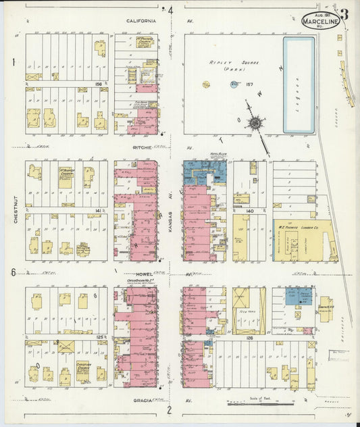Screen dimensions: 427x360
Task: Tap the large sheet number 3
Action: (x=344, y=14)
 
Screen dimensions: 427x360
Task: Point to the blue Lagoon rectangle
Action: (x=299, y=85)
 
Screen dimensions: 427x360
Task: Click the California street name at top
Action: (x=141, y=21)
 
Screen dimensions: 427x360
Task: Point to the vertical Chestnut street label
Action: (x=15, y=209)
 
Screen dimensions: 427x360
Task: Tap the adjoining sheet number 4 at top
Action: (x=171, y=10)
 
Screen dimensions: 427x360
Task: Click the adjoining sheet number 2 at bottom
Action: (x=169, y=409)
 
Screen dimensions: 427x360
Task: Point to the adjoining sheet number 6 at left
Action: (x=12, y=272)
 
